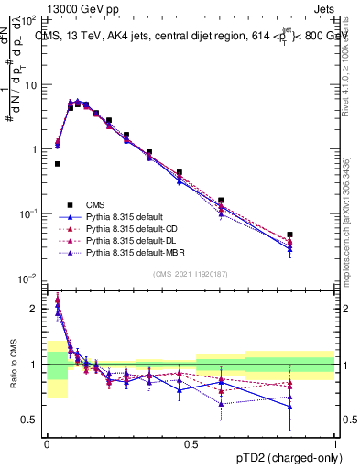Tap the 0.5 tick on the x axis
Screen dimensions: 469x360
191,444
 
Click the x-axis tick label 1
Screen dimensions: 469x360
335,444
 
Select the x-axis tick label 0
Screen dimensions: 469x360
47,444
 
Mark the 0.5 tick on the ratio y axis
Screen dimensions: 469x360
32,420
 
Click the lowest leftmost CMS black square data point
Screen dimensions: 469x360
58,164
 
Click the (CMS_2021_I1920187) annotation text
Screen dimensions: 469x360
191,272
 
